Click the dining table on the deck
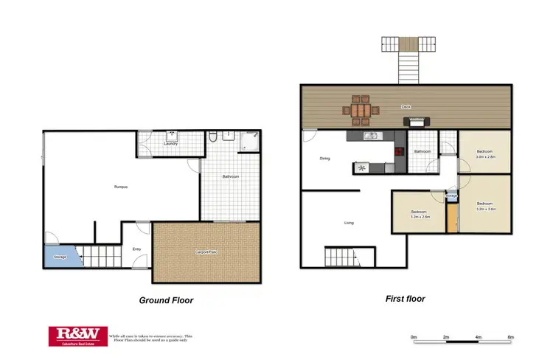[x=361, y=109]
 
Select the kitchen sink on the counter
[x=371, y=136]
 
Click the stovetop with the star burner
[x=361, y=168]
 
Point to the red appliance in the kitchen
[x=400, y=153]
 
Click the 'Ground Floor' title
[x=166, y=300]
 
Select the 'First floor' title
[x=405, y=299]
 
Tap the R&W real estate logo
[x=77, y=336]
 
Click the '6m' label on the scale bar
[x=510, y=337]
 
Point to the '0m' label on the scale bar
[x=414, y=337]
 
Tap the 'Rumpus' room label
[x=121, y=187]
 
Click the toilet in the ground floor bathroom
[x=212, y=137]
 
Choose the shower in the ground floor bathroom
[x=251, y=141]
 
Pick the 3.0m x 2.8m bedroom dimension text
[x=484, y=157]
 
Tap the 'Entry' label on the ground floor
[x=136, y=249]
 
